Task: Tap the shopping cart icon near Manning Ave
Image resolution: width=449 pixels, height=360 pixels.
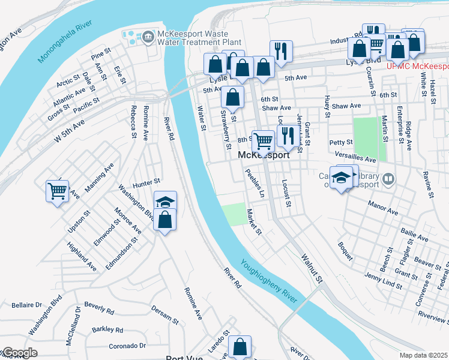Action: (58, 191)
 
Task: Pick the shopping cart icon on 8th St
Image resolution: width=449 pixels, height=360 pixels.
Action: (263, 142)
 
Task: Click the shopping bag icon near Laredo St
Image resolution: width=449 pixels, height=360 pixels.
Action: (240, 346)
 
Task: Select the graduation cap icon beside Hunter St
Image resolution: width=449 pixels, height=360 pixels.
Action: (165, 202)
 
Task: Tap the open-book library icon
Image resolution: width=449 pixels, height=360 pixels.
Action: (388, 179)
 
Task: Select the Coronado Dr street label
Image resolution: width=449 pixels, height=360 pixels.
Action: (127, 346)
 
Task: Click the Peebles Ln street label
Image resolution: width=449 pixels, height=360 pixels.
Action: (254, 184)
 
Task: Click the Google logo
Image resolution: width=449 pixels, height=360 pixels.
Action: (19, 353)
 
